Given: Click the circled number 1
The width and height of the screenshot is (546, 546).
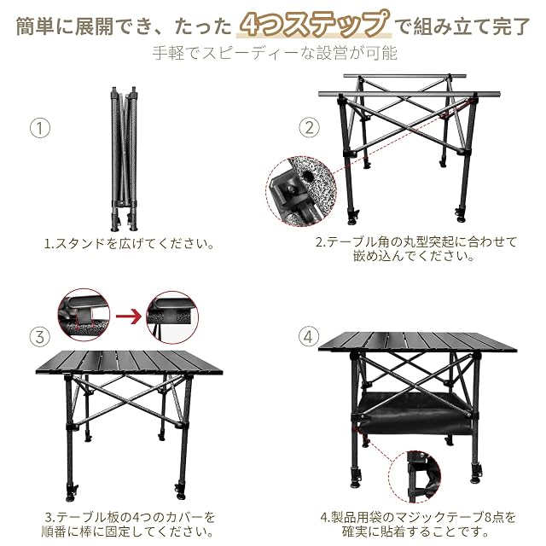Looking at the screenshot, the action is (40, 128).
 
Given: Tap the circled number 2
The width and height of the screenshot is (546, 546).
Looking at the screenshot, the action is (309, 128).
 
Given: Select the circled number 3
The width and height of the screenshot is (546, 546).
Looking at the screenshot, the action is (40, 337).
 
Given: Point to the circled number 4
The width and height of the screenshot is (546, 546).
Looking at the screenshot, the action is (309, 337).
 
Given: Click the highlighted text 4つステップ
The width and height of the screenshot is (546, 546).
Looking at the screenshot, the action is (314, 25).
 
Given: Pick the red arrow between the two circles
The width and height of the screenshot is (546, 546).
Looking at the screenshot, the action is (129, 317).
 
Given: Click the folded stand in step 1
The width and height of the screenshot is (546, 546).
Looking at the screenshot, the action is (124, 159).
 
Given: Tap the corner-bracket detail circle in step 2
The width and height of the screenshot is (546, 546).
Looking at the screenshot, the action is (301, 191).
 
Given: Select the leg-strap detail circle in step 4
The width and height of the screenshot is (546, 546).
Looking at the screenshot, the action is (415, 476).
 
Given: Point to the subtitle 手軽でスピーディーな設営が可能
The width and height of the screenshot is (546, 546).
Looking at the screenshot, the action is (275, 53).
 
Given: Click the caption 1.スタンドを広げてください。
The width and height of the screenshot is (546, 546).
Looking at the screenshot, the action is (129, 243).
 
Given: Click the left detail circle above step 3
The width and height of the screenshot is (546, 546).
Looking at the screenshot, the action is (84, 315).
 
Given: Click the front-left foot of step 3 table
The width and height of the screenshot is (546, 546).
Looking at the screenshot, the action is (72, 493).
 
